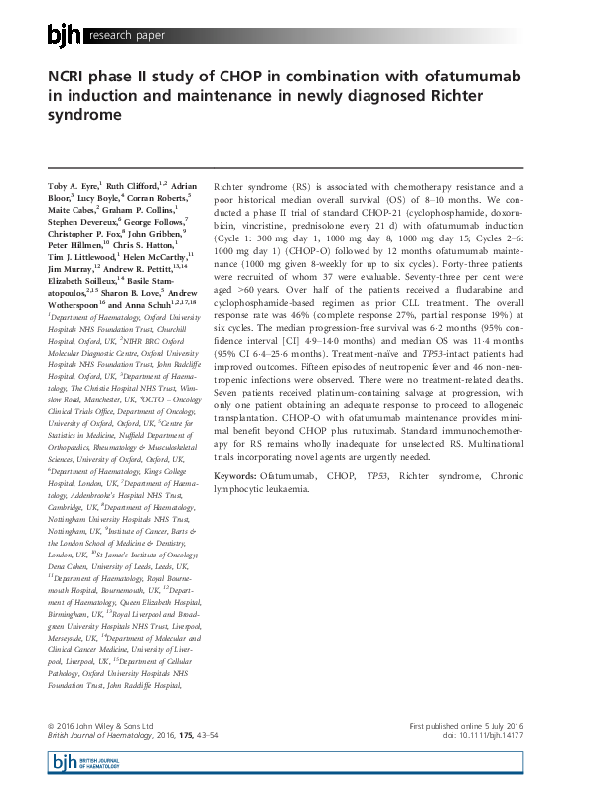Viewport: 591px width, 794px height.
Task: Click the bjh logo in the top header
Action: tap(66, 36)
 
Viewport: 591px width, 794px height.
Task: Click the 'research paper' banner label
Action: tap(125, 37)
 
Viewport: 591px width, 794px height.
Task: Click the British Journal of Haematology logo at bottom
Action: tap(79, 763)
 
